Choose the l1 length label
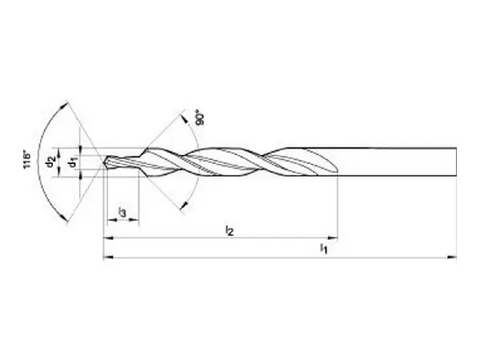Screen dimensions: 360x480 click(324, 249)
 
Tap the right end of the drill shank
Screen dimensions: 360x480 click(456, 161)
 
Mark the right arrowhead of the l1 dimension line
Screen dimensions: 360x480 click(452, 258)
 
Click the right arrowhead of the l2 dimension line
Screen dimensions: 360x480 click(334, 238)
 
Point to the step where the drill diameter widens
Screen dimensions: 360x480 click(142, 158)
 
